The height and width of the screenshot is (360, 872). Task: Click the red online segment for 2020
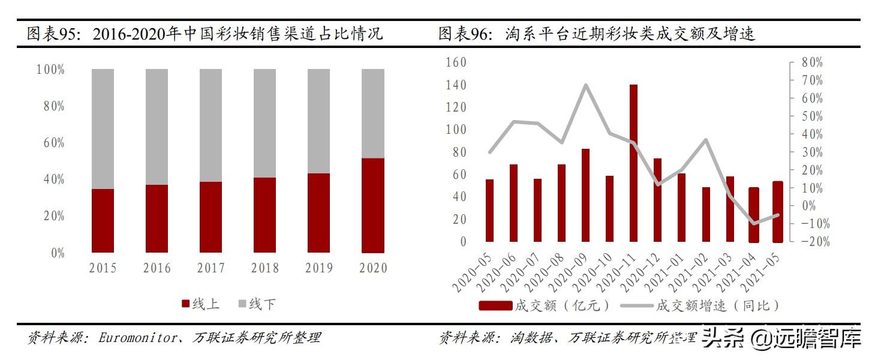[372, 205]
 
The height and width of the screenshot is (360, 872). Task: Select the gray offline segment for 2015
[103, 128]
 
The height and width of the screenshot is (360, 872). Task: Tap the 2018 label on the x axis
[265, 268]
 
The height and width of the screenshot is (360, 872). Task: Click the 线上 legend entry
[200, 304]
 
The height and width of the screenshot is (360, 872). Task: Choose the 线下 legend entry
[257, 304]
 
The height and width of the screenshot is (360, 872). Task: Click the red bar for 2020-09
[585, 195]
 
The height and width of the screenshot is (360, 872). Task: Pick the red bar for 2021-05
[777, 211]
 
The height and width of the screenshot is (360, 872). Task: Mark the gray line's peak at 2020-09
[585, 85]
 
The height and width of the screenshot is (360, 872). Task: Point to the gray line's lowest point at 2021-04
[753, 224]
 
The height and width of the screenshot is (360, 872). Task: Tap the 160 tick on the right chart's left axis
[456, 62]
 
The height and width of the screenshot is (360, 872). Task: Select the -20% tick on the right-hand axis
[810, 242]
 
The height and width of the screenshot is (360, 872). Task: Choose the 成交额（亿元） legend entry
[545, 305]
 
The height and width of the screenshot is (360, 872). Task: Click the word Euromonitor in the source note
[134, 338]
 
